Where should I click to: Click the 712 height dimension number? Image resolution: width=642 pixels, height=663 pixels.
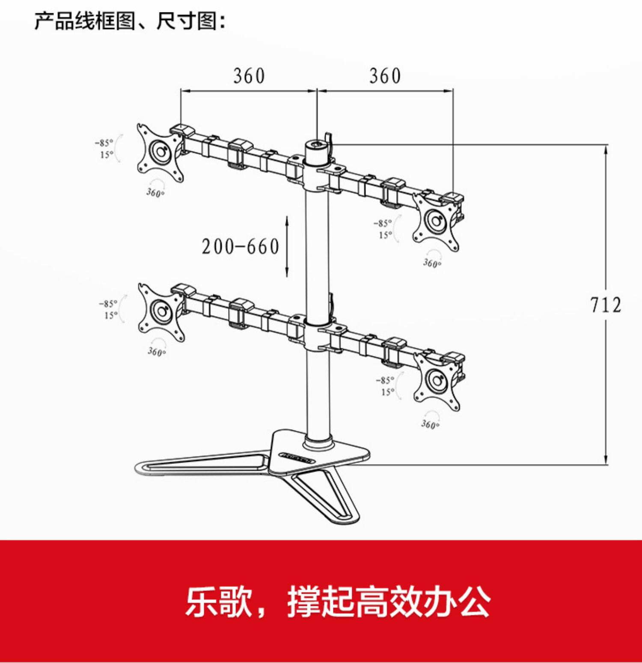point(605,305)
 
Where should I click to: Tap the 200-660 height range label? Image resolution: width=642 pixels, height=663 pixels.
point(241,247)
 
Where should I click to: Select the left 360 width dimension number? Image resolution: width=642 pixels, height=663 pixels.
point(249,76)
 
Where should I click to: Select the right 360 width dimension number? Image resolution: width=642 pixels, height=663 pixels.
point(385,76)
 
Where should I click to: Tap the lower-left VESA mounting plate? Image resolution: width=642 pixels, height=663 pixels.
point(161,311)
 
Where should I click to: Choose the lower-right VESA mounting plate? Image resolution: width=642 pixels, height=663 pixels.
point(437,381)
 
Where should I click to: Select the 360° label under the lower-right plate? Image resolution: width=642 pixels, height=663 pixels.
point(430,424)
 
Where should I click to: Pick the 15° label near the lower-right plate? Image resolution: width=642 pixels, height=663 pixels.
point(387,392)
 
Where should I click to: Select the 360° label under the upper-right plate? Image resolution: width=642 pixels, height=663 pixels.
point(432,263)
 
